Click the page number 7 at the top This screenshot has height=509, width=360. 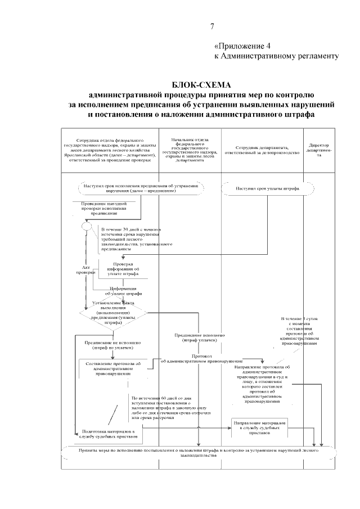click(212, 26)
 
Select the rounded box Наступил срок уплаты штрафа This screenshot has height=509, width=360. click(267, 188)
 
